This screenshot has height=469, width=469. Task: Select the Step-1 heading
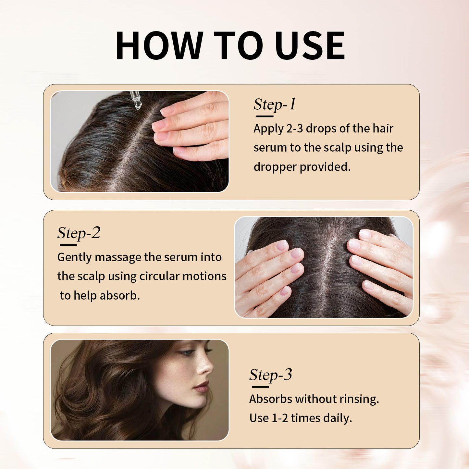274,105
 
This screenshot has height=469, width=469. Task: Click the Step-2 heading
79,233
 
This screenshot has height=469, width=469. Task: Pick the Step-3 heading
270,375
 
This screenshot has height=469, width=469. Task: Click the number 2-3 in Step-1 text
294,129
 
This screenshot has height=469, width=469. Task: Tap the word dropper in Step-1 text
275,167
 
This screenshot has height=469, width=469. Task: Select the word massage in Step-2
118,257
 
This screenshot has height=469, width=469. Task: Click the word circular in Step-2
159,276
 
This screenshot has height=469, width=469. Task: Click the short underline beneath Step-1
265,116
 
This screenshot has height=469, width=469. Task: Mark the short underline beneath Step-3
260,387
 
